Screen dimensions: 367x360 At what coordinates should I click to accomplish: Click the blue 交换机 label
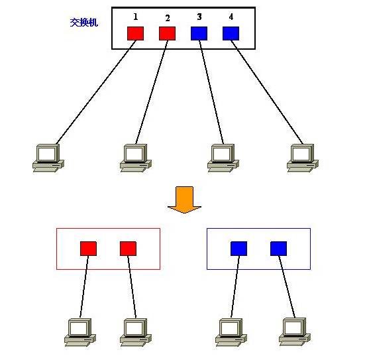click(83, 23)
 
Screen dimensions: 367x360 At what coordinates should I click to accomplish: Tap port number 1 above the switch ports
click(136, 17)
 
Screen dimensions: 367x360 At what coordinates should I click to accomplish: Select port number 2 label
click(168, 19)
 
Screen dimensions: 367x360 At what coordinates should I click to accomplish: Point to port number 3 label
click(199, 17)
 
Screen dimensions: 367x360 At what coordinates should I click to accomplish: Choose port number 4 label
click(231, 17)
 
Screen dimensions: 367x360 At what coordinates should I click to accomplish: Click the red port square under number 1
click(136, 34)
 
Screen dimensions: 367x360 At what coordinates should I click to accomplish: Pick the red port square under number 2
click(168, 34)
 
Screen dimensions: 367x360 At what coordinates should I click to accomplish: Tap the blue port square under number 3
click(199, 34)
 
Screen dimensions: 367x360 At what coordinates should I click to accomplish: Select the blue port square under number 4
click(231, 34)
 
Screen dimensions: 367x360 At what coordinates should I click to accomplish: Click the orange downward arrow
click(184, 200)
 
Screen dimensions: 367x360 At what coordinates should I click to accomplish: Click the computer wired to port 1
click(48, 158)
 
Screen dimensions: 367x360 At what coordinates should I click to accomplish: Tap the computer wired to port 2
click(136, 158)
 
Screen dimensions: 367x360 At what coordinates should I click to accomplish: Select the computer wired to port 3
click(223, 158)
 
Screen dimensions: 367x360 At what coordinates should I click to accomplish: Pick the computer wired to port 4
click(303, 158)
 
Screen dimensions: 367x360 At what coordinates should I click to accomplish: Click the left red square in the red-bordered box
click(89, 249)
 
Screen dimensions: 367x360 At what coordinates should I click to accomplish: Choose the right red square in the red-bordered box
click(129, 249)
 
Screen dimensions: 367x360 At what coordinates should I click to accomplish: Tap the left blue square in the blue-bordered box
click(238, 249)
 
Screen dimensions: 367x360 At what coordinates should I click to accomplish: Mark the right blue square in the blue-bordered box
click(278, 249)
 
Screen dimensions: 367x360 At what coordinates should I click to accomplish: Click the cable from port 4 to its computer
click(267, 92)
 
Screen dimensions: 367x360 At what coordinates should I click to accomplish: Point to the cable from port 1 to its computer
click(96, 92)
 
